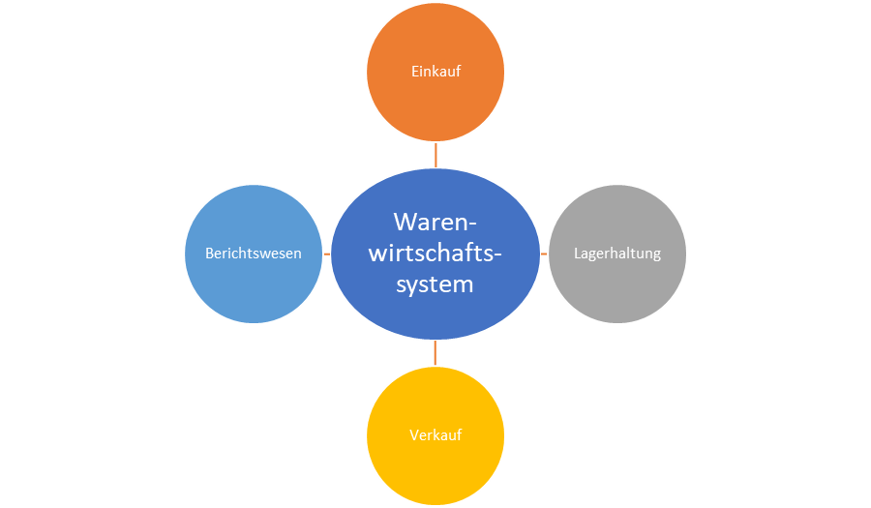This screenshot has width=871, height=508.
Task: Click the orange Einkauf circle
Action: pos(435,102)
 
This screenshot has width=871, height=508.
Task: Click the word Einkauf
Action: pos(435,73)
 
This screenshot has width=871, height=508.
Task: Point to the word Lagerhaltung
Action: pos(617,254)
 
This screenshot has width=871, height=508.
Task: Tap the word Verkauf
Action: pos(435,434)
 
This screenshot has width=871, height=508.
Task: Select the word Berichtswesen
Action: pos(254,254)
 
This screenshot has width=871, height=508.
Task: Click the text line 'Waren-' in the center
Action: pos(435,222)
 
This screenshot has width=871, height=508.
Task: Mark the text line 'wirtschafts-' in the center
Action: pos(435,254)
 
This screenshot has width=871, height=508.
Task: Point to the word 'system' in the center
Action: pos(435,284)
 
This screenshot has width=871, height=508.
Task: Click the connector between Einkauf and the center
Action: pos(435,154)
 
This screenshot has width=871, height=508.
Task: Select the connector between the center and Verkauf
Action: pos(435,353)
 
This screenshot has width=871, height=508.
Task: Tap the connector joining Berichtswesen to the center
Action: pos(326,254)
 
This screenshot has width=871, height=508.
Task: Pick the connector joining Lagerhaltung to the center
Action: pos(545,254)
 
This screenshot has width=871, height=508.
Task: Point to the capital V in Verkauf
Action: pos(413,434)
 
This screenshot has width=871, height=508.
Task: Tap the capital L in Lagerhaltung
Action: pos(577,254)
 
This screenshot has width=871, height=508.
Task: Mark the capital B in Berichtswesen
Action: pos(209,254)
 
